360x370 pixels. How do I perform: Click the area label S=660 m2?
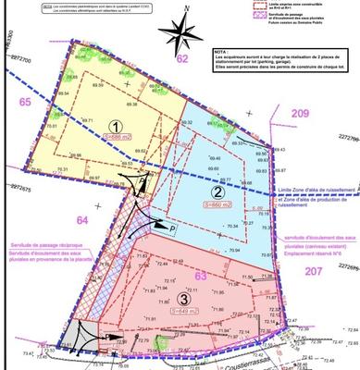(x=217, y=203)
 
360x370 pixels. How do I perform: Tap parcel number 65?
(x=24, y=103)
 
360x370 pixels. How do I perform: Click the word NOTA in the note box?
(x=221, y=53)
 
